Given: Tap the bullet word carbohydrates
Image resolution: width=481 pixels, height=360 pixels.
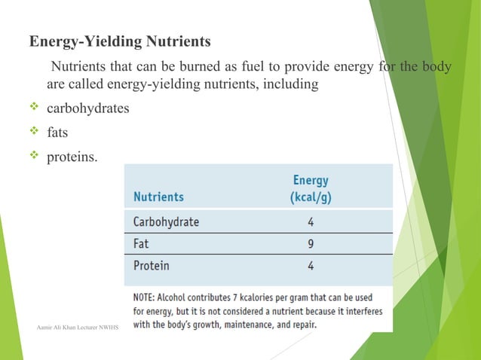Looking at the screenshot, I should click(x=88, y=108).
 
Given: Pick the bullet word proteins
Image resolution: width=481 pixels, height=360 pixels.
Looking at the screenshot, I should click(x=72, y=157).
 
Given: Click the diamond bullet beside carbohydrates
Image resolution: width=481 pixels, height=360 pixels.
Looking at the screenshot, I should click(x=33, y=108).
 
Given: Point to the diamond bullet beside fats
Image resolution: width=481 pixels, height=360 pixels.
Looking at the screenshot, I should click(x=33, y=132).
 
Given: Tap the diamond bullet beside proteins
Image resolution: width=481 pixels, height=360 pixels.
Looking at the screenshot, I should click(x=33, y=156).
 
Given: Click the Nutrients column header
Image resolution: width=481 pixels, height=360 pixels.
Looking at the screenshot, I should click(x=158, y=197).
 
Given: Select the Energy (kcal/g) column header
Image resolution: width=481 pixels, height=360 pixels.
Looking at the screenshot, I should click(x=310, y=189).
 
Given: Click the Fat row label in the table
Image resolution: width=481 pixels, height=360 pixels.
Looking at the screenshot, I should click(x=141, y=244).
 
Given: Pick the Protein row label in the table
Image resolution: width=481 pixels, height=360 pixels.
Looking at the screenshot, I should click(x=152, y=266).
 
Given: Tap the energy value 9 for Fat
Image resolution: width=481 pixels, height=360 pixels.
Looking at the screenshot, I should click(x=311, y=244).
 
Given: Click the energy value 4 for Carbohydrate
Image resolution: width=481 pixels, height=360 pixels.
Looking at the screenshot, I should click(x=311, y=222).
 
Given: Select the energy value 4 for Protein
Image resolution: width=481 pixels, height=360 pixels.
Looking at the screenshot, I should click(x=311, y=266).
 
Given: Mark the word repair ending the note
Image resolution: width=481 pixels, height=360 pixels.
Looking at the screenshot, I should click(x=303, y=325).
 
